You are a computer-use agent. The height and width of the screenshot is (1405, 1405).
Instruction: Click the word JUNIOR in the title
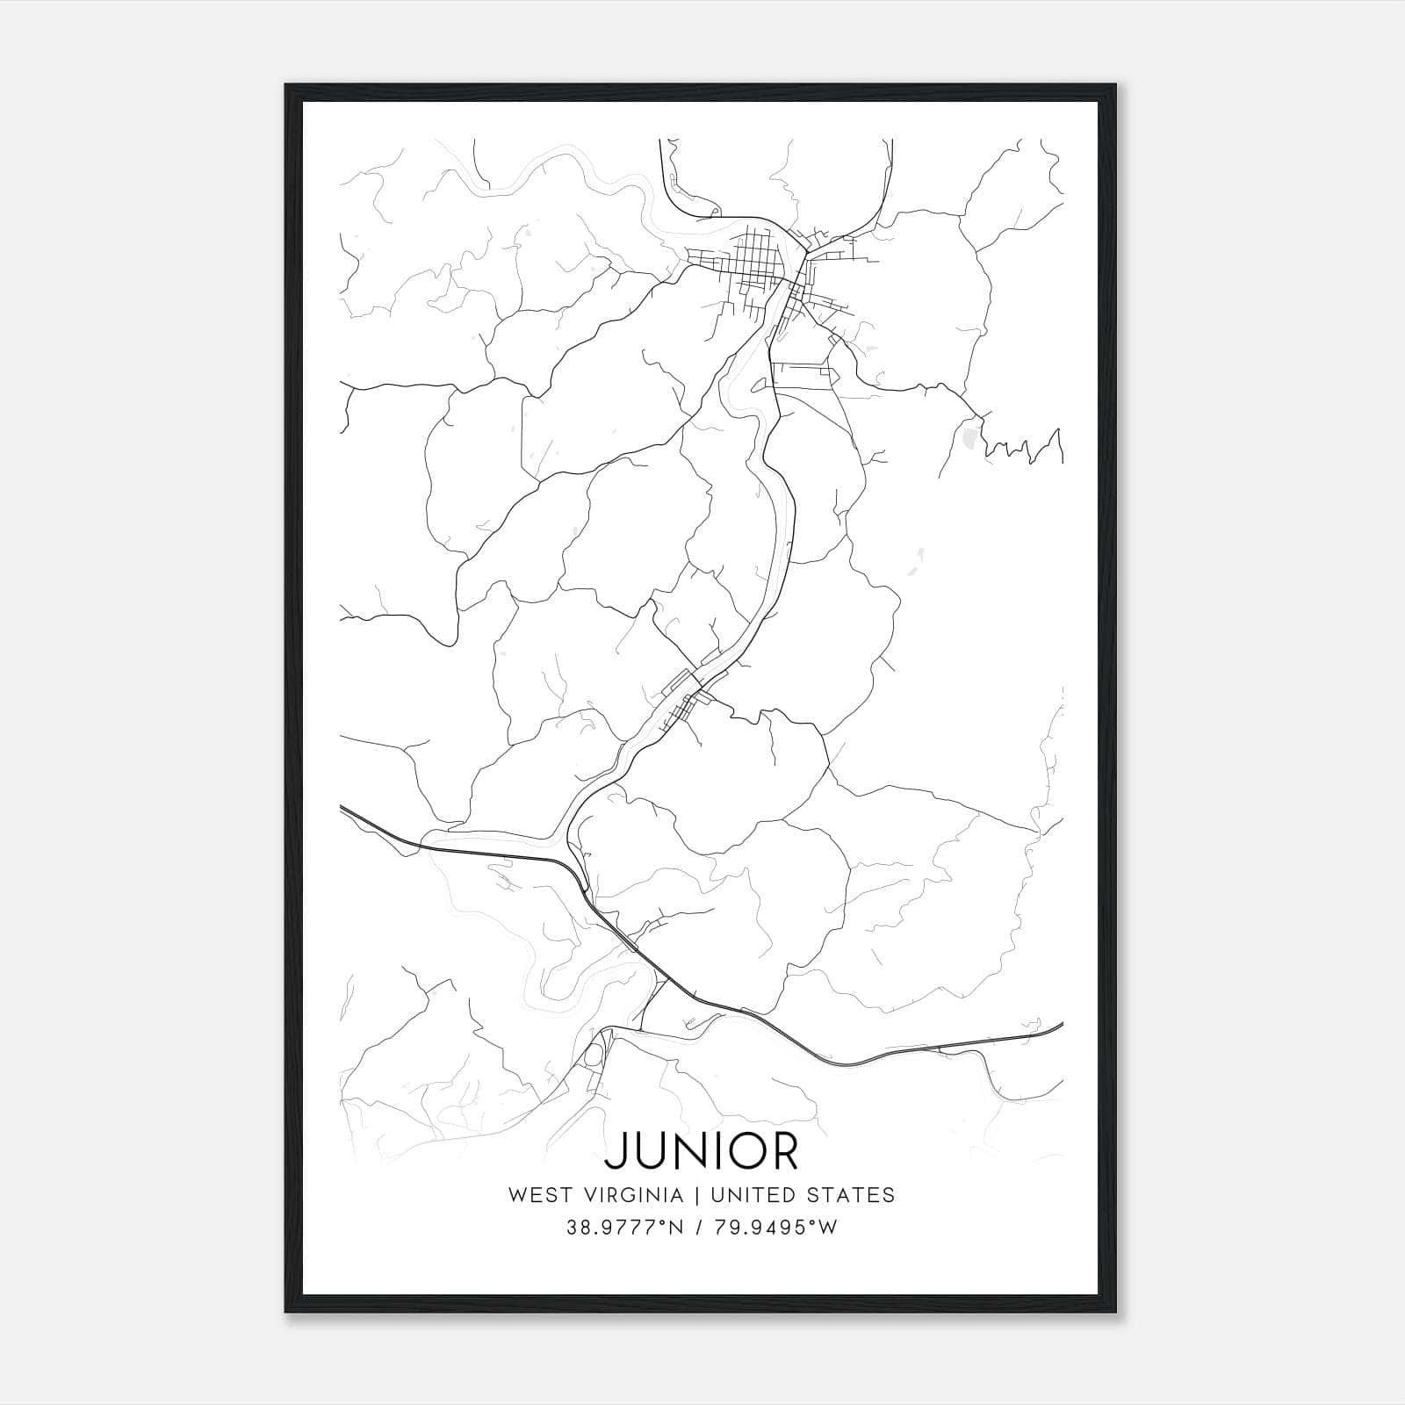pyautogui.click(x=702, y=1151)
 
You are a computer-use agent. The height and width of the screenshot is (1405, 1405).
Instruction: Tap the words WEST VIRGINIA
pyautogui.click(x=595, y=1195)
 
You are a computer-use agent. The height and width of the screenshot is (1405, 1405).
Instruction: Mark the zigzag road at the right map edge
pyautogui.click(x=1023, y=446)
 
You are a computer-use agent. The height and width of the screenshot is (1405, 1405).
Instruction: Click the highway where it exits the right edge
pyautogui.click(x=1061, y=1025)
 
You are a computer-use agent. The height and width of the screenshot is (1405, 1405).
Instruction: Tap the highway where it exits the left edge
pyautogui.click(x=342, y=806)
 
